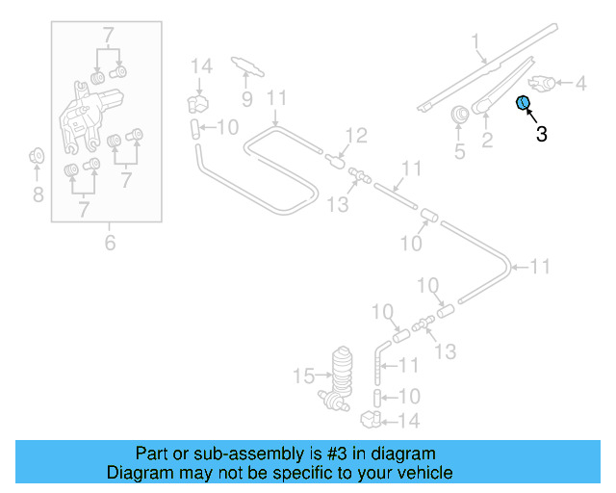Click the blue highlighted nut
pyautogui.click(x=524, y=103)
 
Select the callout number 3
pyautogui.click(x=541, y=135)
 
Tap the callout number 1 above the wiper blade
pyautogui.click(x=475, y=40)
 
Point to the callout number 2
pyautogui.click(x=487, y=143)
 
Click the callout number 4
pyautogui.click(x=580, y=85)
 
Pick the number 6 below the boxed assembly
pyautogui.click(x=110, y=243)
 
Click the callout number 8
pyautogui.click(x=38, y=195)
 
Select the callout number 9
pyautogui.click(x=246, y=98)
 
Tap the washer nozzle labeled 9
pyautogui.click(x=247, y=65)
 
